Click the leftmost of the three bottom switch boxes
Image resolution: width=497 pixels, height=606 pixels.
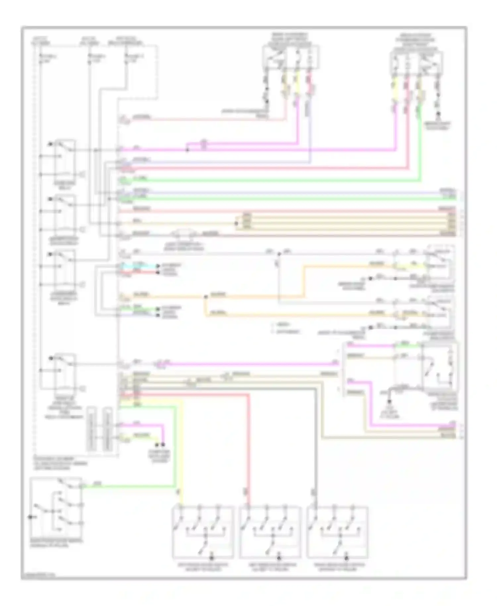coord(203,532)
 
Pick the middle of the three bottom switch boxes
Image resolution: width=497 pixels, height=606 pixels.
coord(270,532)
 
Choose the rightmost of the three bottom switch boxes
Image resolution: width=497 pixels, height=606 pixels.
coord(338,532)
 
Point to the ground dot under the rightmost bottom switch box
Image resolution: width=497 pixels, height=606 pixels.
coord(347,559)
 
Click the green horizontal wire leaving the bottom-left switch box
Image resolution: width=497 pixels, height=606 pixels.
coord(129,486)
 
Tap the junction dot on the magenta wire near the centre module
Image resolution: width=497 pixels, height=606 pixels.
coord(187,150)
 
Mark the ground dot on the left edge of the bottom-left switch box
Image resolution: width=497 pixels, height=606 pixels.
coord(31,517)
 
